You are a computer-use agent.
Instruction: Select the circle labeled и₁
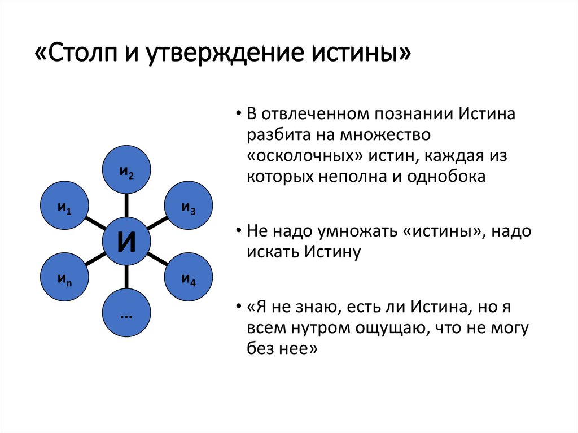pos(64,205)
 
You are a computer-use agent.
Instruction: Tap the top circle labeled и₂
pos(126,169)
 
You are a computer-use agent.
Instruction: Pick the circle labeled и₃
pos(189,205)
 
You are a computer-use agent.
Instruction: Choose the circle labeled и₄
pos(189,277)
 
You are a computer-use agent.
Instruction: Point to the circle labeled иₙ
pos(64,277)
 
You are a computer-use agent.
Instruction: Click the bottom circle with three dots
pos(126,313)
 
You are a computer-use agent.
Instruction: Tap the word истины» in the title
pos(361,54)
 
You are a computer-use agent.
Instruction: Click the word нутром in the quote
pos(322,329)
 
